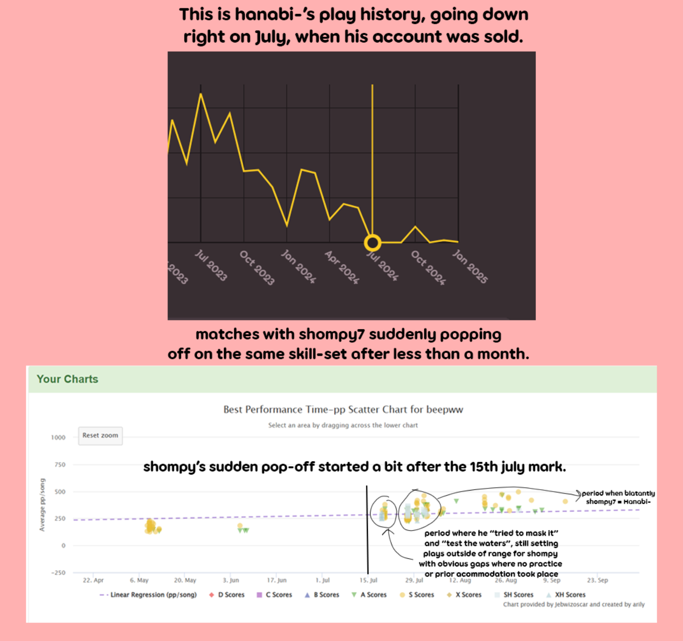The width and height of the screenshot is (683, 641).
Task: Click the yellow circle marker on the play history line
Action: tap(372, 243)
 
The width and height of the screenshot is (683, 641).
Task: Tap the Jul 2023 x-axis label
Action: tap(211, 265)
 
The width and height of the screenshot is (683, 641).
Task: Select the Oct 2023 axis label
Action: tap(257, 268)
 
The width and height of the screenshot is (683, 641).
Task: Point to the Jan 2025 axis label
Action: tap(470, 266)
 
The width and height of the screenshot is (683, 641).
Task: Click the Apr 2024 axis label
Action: tap(342, 267)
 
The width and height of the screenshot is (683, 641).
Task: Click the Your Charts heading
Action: tap(67, 379)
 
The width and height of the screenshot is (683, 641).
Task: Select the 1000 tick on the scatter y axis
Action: tap(58, 437)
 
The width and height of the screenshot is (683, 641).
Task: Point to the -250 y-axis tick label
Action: tap(58, 573)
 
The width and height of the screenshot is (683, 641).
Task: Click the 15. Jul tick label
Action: tap(368, 580)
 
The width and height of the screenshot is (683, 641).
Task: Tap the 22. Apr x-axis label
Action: tap(93, 580)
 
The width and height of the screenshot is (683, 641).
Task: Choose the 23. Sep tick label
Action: tap(597, 580)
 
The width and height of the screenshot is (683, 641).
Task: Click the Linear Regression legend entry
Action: tap(148, 595)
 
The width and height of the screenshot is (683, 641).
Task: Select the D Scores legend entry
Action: tap(227, 595)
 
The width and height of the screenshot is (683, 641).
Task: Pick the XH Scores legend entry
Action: tap(566, 595)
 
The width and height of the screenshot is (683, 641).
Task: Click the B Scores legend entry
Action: tap(322, 595)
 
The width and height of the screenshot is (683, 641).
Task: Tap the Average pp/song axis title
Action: tap(42, 505)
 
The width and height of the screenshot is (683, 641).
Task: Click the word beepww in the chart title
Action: tap(445, 410)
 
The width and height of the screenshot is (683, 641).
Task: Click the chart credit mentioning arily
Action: tap(574, 604)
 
